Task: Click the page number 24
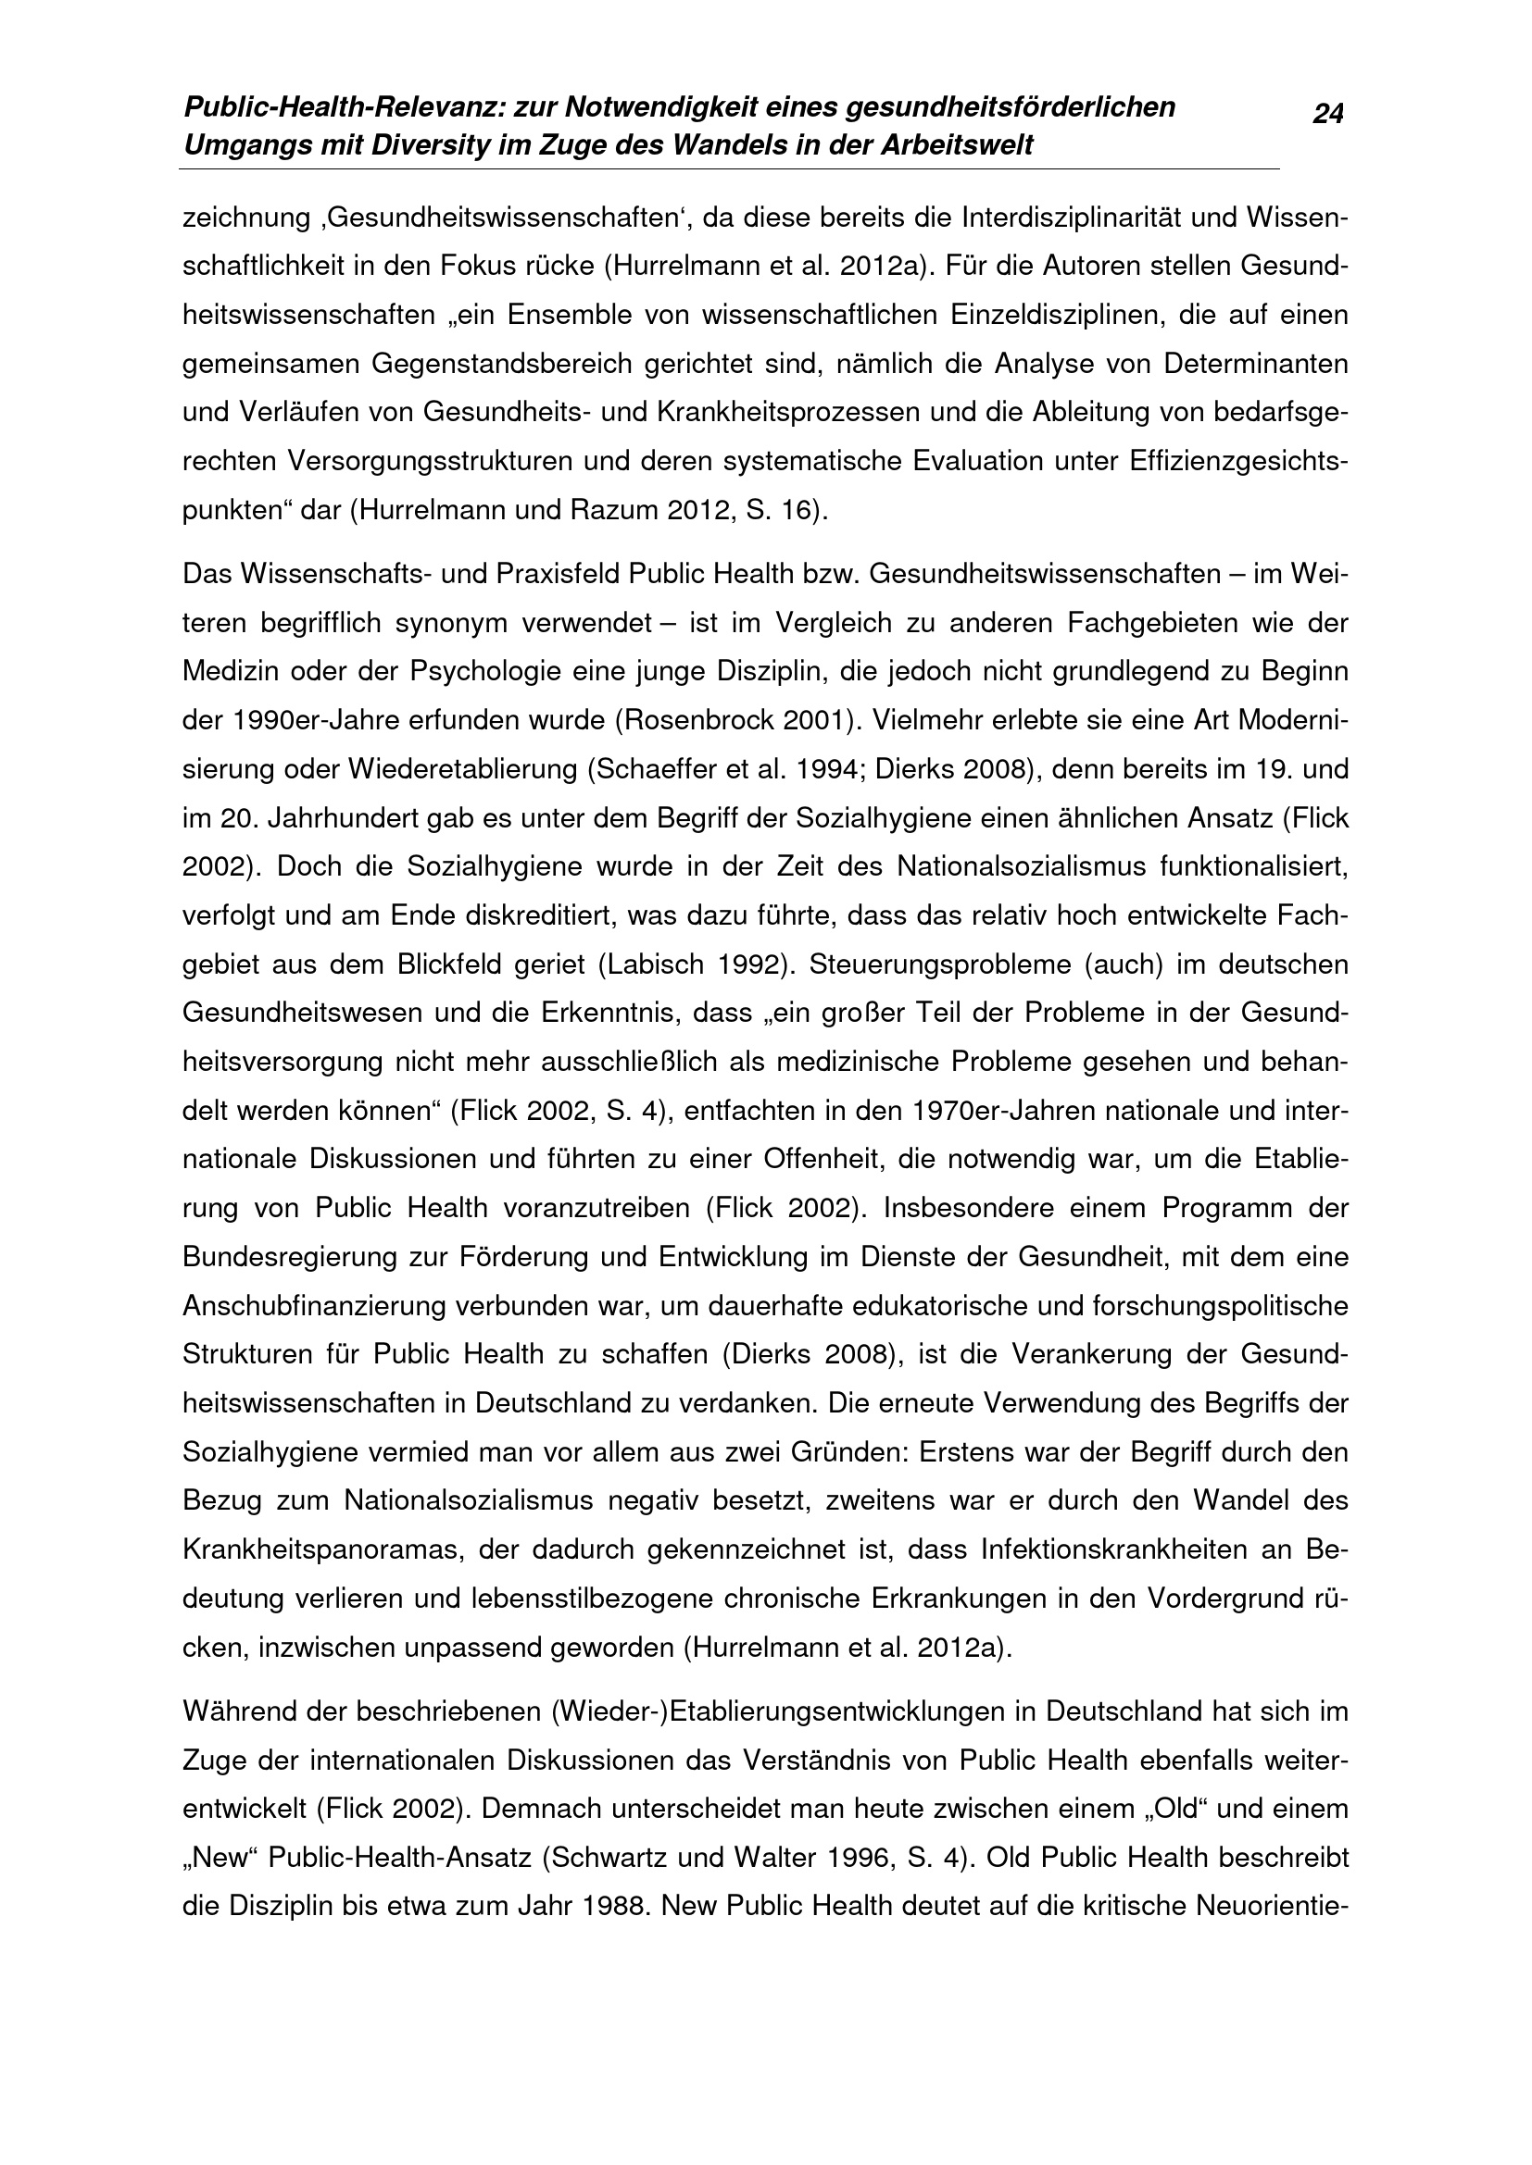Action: tap(1328, 115)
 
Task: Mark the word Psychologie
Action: tap(484, 671)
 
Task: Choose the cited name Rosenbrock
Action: tap(697, 720)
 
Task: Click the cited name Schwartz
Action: tap(612, 1858)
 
